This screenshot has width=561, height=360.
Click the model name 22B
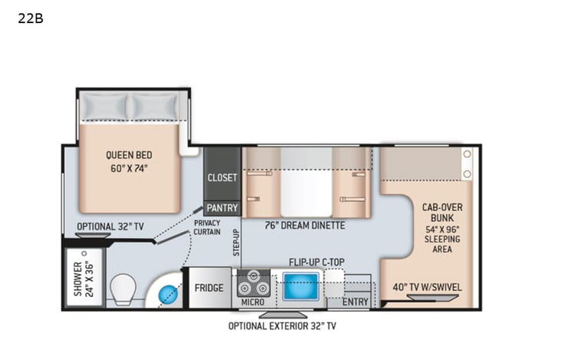tap(30, 18)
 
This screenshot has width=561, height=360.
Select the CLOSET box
tap(222, 177)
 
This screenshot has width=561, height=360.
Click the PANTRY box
tap(222, 208)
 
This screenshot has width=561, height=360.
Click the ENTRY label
tap(355, 302)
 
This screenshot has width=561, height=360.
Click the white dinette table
tap(306, 183)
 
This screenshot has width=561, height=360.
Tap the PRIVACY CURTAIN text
tap(207, 227)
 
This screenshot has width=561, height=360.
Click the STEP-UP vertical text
tap(236, 242)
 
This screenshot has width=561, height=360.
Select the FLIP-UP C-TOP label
tap(316, 262)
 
